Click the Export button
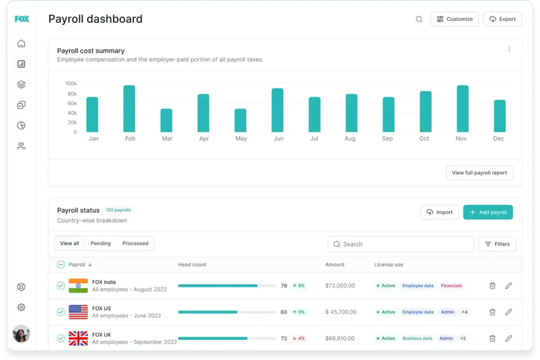point(502,19)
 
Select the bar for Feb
point(129,109)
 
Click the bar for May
point(240,120)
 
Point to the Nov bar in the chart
point(462,109)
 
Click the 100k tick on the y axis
point(71,84)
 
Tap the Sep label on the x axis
point(387,139)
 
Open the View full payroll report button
point(479,173)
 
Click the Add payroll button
point(488,212)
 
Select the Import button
point(439,212)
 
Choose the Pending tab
point(101,243)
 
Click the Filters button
point(497,244)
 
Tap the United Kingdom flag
point(78,338)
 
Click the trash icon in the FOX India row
point(492,286)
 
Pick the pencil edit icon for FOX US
point(508,312)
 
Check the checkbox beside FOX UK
point(61,338)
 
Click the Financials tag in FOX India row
point(451,286)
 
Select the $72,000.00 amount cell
point(340,286)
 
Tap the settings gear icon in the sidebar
point(22,307)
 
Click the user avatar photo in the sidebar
point(21,333)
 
